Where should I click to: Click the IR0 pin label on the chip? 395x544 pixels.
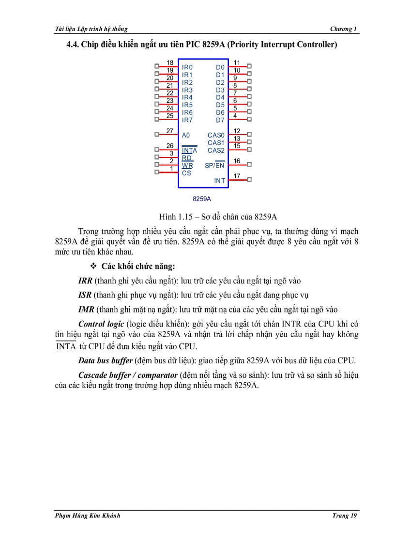(187, 67)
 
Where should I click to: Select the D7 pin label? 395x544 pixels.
(220, 120)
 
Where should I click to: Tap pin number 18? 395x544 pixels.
(170, 62)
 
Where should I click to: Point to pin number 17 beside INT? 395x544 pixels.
(237, 176)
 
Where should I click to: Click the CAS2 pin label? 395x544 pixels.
(216, 150)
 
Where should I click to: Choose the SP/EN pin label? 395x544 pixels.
(214, 165)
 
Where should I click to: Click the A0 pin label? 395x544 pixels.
(186, 135)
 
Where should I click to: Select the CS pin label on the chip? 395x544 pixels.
(186, 173)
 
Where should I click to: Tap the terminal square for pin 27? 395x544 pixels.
(156, 134)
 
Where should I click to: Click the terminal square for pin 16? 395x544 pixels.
(249, 164)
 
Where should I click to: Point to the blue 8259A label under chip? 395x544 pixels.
(202, 199)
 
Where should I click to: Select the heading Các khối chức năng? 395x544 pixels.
(138, 266)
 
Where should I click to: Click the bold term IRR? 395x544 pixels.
(85, 281)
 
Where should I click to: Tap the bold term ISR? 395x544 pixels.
(85, 295)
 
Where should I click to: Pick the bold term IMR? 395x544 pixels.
(86, 309)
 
